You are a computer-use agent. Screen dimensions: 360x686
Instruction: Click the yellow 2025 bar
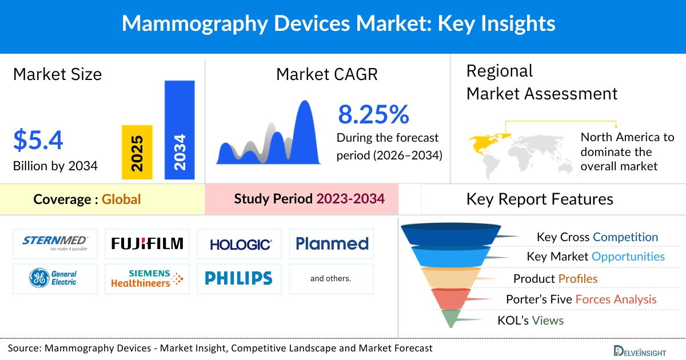click(x=137, y=152)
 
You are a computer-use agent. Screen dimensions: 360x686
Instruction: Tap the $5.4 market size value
click(x=38, y=141)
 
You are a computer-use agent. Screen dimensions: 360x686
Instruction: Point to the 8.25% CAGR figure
click(x=373, y=114)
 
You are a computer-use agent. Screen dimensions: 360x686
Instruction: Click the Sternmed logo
click(x=55, y=244)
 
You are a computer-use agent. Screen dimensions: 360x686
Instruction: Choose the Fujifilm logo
click(x=147, y=244)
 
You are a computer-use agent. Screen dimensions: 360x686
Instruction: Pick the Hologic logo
click(x=240, y=245)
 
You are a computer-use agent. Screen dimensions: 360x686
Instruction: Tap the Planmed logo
click(x=332, y=244)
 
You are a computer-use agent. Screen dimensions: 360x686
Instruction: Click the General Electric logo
click(x=55, y=278)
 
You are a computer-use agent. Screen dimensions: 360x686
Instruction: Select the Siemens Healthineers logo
click(x=147, y=278)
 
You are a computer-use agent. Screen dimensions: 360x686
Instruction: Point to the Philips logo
click(x=238, y=278)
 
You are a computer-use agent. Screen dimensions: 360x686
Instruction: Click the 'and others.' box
click(x=331, y=279)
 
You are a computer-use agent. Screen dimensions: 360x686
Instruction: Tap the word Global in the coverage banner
click(x=121, y=199)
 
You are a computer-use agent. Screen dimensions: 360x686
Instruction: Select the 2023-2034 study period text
click(x=350, y=199)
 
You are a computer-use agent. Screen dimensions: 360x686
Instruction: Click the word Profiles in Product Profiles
click(x=578, y=279)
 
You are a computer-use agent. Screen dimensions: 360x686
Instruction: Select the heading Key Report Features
click(x=540, y=199)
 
